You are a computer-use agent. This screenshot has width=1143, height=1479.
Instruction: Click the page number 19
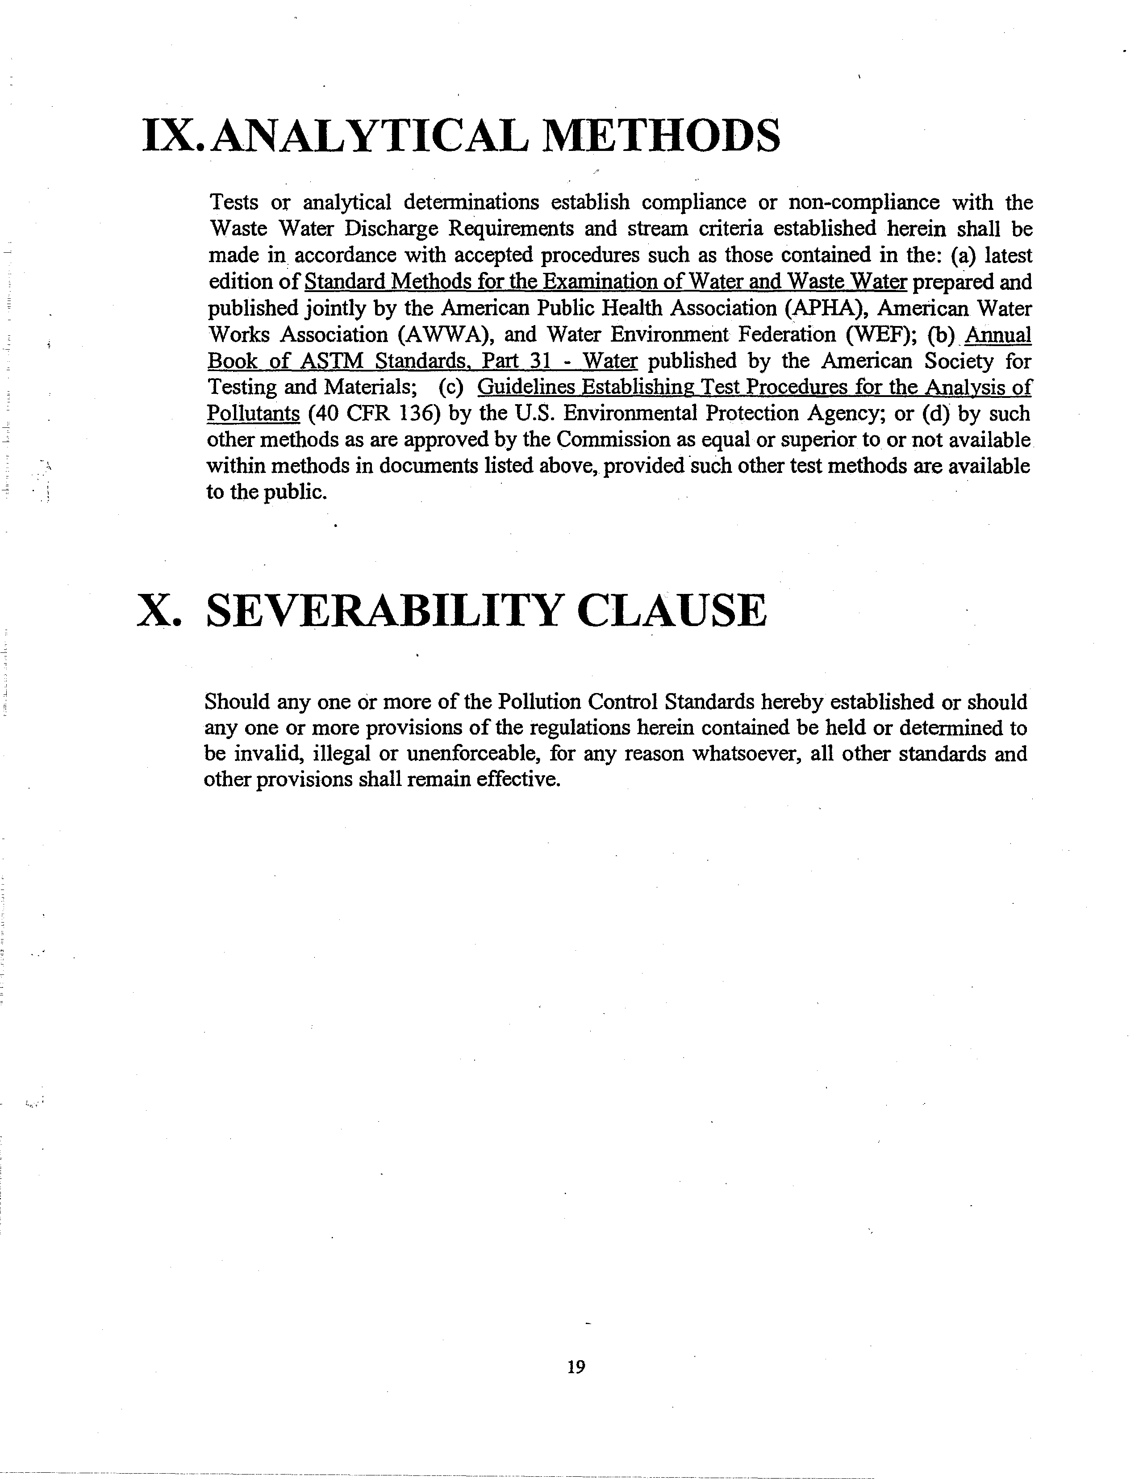(x=576, y=1366)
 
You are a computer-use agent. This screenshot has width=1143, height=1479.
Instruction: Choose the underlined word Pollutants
(x=253, y=413)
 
